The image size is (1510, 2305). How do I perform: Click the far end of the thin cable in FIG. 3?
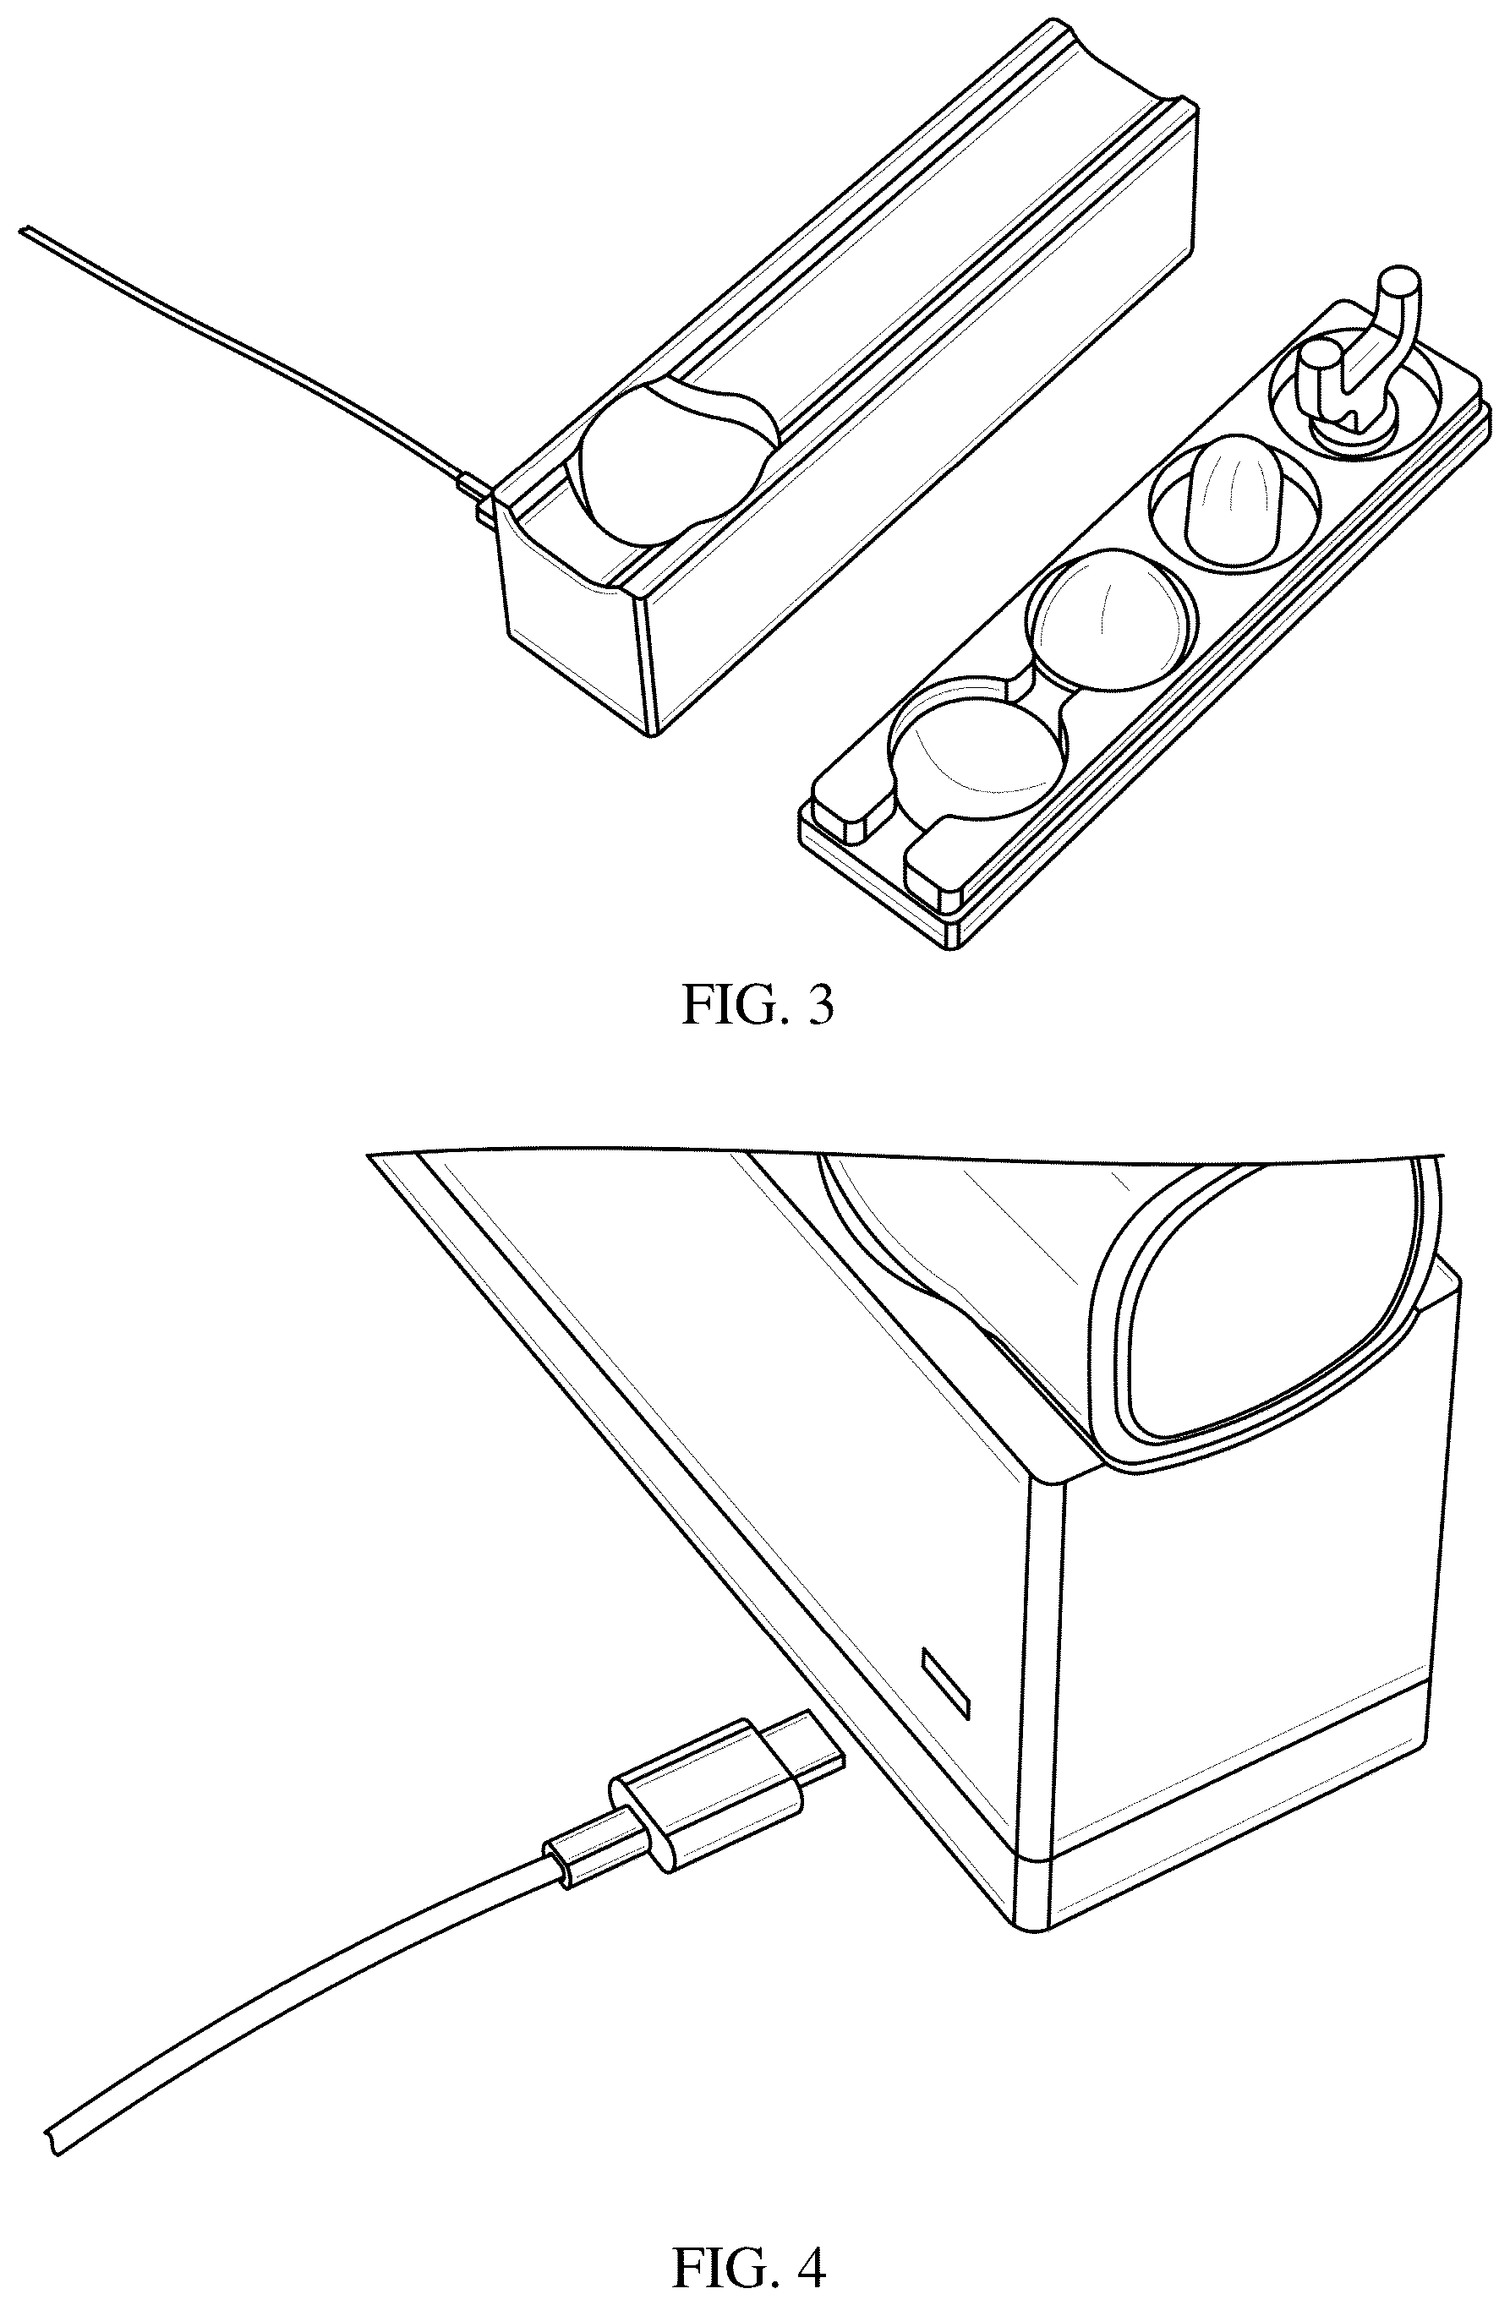click(x=25, y=232)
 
